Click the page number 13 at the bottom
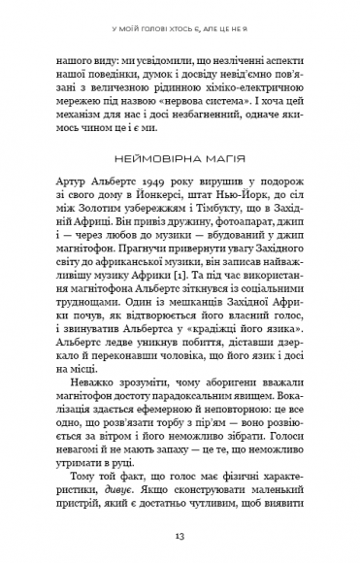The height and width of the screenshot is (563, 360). (180, 537)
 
